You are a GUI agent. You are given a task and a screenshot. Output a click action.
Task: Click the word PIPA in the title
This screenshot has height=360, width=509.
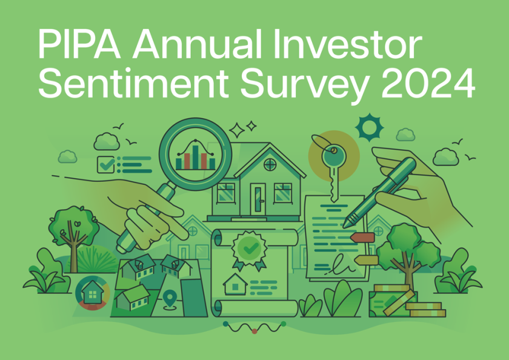(79, 44)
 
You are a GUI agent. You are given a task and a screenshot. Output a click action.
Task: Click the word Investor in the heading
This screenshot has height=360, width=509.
(347, 44)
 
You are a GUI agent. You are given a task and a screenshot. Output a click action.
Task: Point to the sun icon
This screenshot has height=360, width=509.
(369, 127)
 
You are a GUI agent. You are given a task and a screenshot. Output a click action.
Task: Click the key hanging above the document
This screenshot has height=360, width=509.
(333, 172)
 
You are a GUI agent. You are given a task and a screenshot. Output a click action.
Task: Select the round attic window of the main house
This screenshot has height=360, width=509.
(270, 165)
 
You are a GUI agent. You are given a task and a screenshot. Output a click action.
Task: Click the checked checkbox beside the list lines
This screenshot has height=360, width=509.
(106, 165)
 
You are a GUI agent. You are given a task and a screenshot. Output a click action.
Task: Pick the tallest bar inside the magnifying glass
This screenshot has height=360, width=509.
(195, 157)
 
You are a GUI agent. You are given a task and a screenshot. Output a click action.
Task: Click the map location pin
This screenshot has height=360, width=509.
(170, 298)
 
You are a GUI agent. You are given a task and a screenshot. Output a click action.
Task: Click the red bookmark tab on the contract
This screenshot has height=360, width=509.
(363, 238)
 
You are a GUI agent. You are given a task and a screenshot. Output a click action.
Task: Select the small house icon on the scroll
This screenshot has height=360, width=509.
(235, 284)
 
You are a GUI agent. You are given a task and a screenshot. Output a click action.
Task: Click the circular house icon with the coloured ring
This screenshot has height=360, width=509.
(93, 293)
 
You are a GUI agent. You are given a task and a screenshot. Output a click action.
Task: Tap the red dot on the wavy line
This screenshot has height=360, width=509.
(254, 331)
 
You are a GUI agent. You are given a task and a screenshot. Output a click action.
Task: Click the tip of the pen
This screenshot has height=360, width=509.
(345, 226)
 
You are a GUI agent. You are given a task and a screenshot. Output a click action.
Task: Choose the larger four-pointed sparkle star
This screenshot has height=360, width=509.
(237, 130)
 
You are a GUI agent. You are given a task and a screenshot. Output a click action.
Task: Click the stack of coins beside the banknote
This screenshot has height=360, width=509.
(425, 309)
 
